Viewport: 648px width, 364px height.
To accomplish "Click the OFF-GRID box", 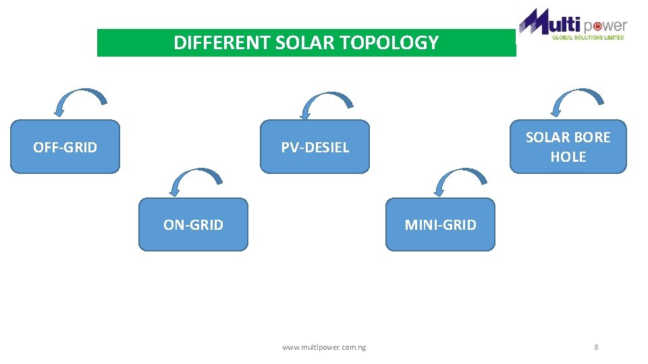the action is click(x=65, y=147).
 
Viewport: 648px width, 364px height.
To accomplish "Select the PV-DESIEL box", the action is click(x=315, y=147).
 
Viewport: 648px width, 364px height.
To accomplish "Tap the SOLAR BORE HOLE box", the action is click(x=568, y=147).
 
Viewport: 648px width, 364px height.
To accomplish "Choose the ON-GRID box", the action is click(x=193, y=224).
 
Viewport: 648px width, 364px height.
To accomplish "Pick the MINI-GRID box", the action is click(x=440, y=224).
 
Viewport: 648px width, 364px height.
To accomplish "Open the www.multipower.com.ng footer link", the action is click(x=324, y=347).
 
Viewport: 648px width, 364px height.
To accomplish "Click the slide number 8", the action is click(x=596, y=347).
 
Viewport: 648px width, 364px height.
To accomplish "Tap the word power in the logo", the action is click(x=605, y=26).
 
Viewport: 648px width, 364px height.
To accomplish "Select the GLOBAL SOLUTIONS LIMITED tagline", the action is click(x=588, y=38).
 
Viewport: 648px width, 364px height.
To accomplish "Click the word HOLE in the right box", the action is click(x=568, y=157).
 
